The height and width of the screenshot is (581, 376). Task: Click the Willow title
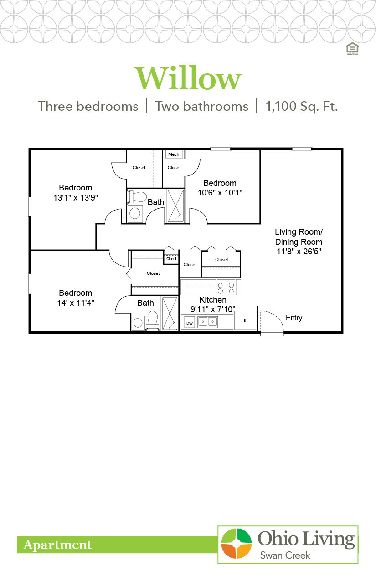tap(187, 78)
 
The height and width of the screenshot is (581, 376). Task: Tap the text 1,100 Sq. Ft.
tap(301, 107)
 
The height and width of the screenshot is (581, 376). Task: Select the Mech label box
tap(174, 154)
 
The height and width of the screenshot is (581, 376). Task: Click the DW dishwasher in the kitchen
tap(189, 323)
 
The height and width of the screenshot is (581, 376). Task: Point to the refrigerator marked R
tap(245, 320)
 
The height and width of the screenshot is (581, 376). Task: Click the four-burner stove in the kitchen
tap(226, 288)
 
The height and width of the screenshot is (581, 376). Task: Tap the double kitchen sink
tap(208, 322)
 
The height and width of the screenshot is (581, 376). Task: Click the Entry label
tap(294, 318)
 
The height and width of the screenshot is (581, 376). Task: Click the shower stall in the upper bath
tap(175, 206)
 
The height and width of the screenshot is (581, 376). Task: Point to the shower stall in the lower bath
tap(170, 314)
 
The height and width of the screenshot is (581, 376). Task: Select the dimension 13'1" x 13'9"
tap(75, 197)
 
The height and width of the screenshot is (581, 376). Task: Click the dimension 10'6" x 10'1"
tap(219, 192)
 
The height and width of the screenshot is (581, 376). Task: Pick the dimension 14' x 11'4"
tap(75, 302)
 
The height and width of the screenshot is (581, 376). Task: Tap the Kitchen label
tap(213, 300)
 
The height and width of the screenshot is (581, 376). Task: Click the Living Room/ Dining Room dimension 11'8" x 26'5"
tap(299, 251)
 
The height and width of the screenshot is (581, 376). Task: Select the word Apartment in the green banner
tap(57, 545)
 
